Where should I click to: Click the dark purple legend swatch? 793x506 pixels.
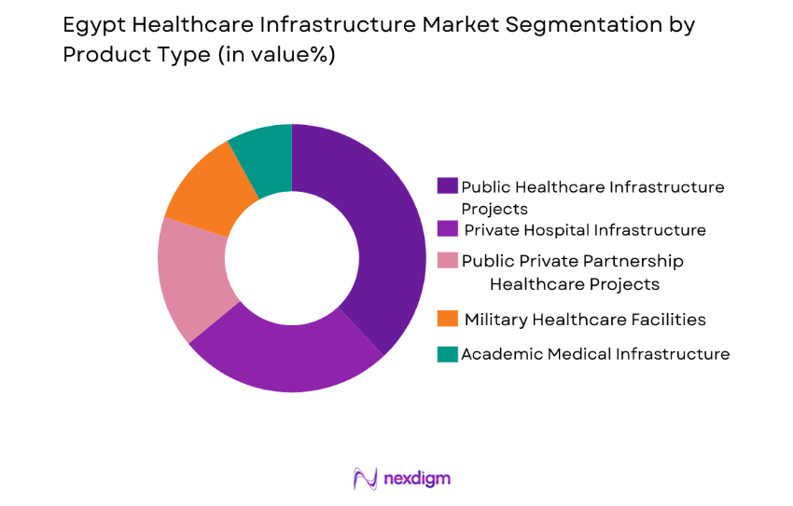pos(448,186)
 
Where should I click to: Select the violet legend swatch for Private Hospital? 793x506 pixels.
pos(448,229)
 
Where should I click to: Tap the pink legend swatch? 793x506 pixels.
pos(448,261)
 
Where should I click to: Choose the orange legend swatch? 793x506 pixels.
pos(448,320)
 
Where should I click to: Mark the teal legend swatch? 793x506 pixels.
pos(448,354)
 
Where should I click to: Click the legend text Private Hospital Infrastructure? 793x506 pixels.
pos(584,229)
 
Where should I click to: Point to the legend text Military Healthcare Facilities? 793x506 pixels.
pos(584,320)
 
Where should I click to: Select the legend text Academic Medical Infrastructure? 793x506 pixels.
pos(595,354)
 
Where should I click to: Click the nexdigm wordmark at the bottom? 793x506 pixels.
pos(417,479)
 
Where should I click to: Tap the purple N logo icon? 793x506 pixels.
pos(365,478)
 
